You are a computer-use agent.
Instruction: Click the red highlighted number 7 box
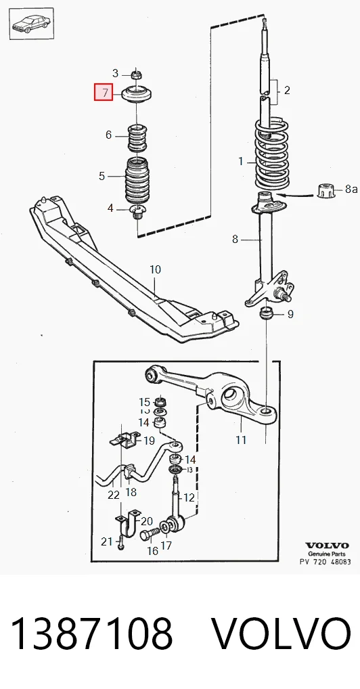pyautogui.click(x=104, y=92)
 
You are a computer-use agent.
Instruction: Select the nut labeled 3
pyautogui.click(x=137, y=74)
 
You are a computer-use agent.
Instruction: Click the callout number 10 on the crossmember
pyautogui.click(x=155, y=269)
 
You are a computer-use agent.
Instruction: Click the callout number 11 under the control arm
pyautogui.click(x=241, y=439)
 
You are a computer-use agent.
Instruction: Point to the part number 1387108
pyautogui.click(x=91, y=633)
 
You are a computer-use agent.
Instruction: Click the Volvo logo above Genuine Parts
pyautogui.click(x=327, y=546)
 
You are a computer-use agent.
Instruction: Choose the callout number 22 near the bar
pyautogui.click(x=114, y=495)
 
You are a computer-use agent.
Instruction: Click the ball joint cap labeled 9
pyautogui.click(x=267, y=314)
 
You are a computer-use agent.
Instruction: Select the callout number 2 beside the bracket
pyautogui.click(x=287, y=91)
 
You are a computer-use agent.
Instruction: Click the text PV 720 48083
pyautogui.click(x=325, y=562)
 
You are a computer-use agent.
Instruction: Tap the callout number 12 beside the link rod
pyautogui.click(x=189, y=497)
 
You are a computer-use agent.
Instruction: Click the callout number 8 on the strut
pyautogui.click(x=235, y=240)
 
